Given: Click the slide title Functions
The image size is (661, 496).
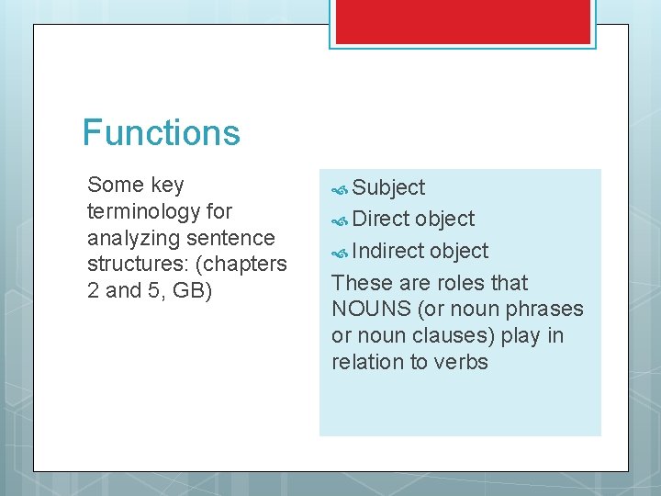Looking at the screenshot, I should pyautogui.click(x=161, y=132).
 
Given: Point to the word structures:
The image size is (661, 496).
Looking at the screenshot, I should pyautogui.click(x=134, y=265).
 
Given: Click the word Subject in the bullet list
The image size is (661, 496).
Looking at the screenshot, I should pyautogui.click(x=388, y=188).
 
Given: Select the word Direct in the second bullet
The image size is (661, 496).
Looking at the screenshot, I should pyautogui.click(x=381, y=220).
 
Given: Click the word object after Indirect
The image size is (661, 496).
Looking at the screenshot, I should pyautogui.click(x=459, y=251).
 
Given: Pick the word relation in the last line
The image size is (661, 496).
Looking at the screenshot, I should pyautogui.click(x=367, y=363).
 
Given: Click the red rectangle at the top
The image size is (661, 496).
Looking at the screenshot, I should pyautogui.click(x=463, y=20).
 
